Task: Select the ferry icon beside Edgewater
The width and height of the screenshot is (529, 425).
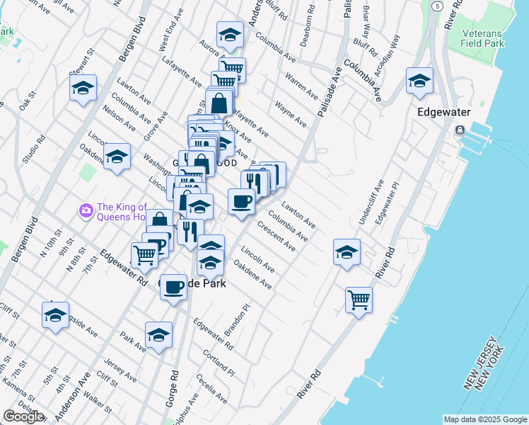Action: point(460,130)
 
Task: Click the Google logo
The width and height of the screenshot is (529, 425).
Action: point(23,416)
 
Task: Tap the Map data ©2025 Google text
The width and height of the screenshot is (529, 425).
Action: point(485,419)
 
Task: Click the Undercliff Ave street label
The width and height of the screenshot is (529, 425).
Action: point(370,202)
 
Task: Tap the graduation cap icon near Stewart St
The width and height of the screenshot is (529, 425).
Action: point(83,89)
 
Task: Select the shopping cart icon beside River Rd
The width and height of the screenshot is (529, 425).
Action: point(359,300)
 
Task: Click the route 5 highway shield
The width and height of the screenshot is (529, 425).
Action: point(438,6)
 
